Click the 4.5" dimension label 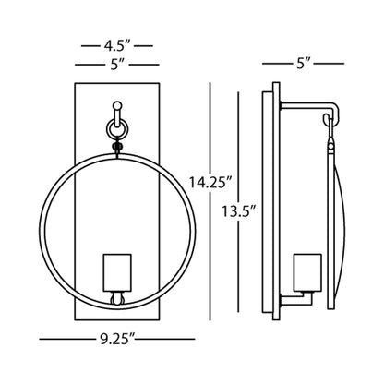114,44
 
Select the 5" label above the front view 114,64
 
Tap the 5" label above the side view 303,64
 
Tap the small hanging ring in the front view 116,123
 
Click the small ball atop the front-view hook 116,105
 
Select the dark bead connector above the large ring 116,145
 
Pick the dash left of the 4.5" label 88,44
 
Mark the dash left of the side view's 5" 274,64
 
